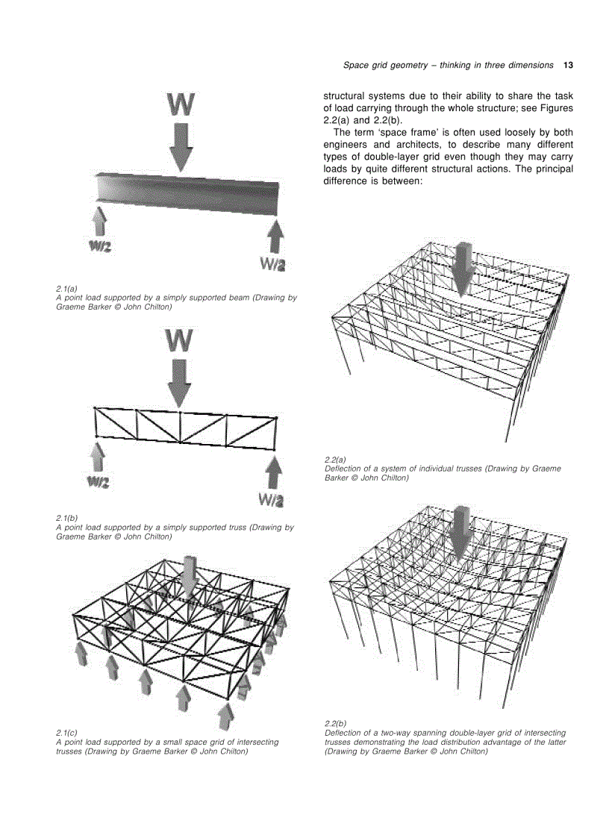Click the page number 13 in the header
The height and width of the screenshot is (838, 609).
(x=568, y=65)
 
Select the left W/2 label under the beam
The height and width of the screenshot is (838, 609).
(x=99, y=247)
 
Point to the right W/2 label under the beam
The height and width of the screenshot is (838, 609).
(x=272, y=263)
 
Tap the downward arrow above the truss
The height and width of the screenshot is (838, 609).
(x=179, y=382)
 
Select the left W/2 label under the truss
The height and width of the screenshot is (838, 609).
(x=98, y=483)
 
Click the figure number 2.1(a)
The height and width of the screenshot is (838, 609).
(x=66, y=288)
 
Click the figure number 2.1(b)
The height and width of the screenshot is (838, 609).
(x=66, y=518)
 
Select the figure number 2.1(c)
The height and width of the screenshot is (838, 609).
(x=66, y=733)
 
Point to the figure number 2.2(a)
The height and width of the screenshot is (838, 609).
(x=335, y=460)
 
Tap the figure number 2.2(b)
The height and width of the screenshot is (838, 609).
(x=335, y=724)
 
